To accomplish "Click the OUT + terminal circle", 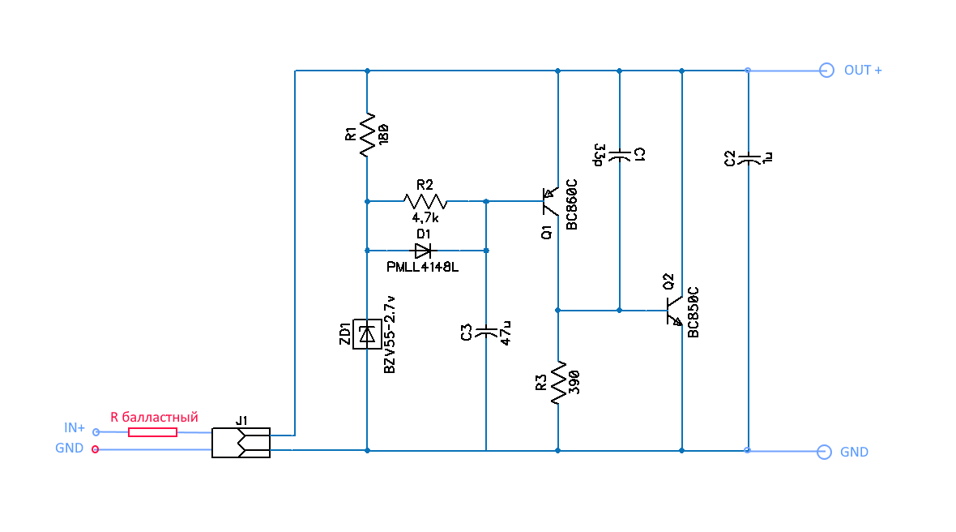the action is (x=826, y=71).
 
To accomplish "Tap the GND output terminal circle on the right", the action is (x=824, y=452).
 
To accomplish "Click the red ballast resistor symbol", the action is (x=152, y=432).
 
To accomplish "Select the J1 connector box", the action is (x=241, y=443).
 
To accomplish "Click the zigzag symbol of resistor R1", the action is (x=367, y=135).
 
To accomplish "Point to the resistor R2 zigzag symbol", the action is (x=425, y=201).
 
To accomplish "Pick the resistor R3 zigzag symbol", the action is (x=558, y=383).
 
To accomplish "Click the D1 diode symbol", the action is (x=423, y=250).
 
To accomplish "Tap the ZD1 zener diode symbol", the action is (x=367, y=334).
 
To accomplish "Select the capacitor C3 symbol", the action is (x=486, y=332).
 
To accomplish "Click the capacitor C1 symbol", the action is (x=620, y=154).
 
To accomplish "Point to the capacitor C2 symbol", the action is (x=748, y=159).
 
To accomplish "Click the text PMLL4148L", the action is (x=423, y=268).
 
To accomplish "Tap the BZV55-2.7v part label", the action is (x=390, y=334).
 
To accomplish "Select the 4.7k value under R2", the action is (x=425, y=218).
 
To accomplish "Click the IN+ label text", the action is (x=75, y=428).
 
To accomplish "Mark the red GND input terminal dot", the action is (x=95, y=449).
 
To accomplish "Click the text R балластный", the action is (x=154, y=418).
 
